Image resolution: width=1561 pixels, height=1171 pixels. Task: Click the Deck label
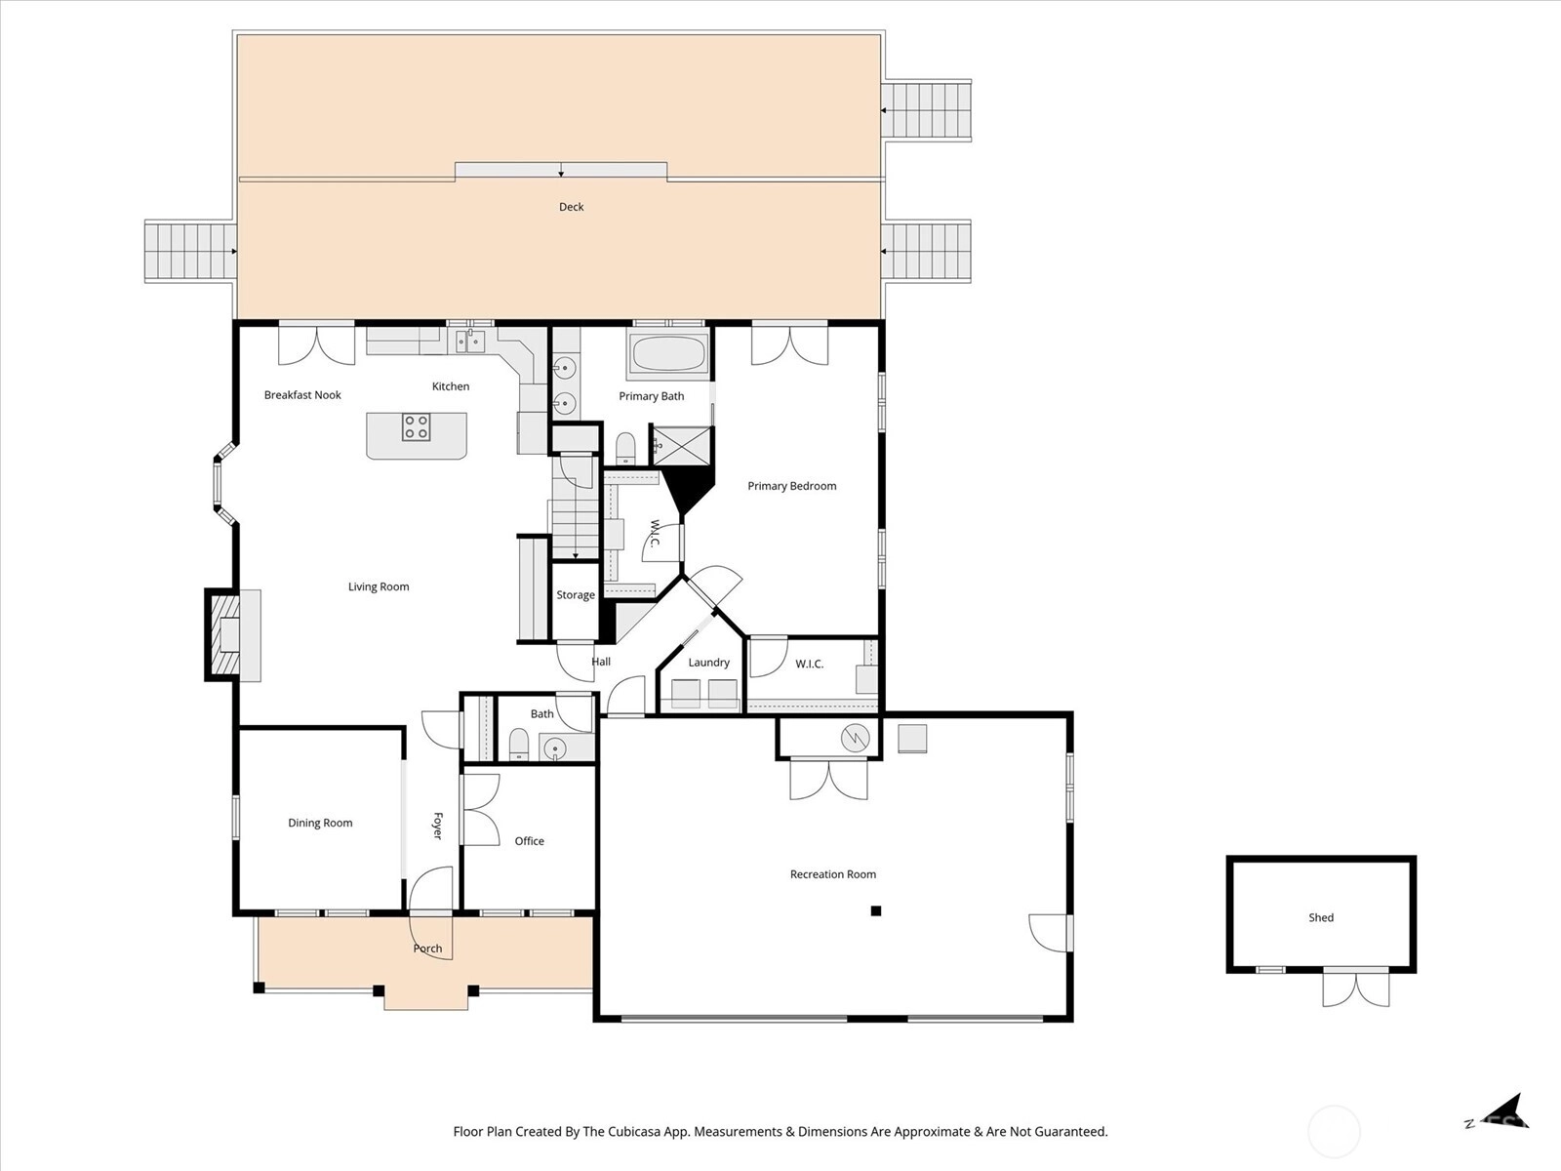point(571,207)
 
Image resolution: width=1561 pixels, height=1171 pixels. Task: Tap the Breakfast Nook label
point(302,395)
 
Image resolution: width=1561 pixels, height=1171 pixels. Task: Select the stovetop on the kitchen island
point(416,427)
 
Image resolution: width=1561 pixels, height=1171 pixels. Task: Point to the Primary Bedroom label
point(791,486)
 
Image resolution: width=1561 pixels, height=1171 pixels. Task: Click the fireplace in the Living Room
point(227,635)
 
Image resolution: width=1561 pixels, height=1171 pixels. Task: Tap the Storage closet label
point(576,595)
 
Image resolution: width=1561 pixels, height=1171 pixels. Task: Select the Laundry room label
point(709,663)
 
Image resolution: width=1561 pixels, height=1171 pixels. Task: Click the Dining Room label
point(320,823)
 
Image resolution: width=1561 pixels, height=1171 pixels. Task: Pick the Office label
point(529,841)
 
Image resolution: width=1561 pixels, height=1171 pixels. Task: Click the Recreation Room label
point(833,874)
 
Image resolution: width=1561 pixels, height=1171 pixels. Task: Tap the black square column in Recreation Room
point(876,910)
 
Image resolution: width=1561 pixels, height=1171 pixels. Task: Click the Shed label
point(1321,918)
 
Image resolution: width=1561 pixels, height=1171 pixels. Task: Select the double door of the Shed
point(1355,989)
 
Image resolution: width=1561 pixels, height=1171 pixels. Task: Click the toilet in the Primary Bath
point(625,448)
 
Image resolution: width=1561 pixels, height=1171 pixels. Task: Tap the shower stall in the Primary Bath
point(683,446)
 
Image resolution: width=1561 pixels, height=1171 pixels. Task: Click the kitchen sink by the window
point(470,342)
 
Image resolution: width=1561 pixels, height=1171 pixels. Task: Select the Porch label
point(427,949)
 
